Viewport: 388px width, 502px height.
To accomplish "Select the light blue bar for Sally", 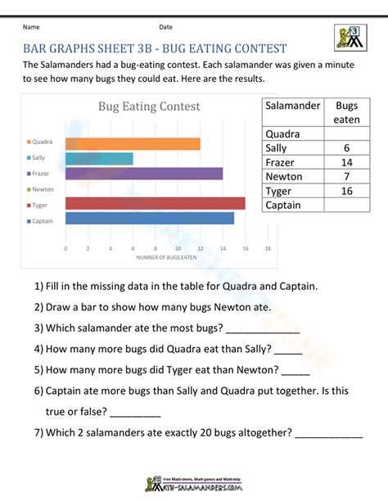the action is [97, 159].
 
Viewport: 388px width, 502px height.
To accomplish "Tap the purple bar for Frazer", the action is [142, 174].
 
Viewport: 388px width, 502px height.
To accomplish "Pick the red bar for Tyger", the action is [154, 204].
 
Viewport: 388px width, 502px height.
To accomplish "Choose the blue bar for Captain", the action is [148, 219].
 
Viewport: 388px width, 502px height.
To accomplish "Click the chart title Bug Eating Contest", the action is [149, 106].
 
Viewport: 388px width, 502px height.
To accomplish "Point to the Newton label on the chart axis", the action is [43, 189].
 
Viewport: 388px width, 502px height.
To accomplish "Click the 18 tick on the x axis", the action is [268, 247].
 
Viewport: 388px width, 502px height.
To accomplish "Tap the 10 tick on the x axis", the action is [178, 247].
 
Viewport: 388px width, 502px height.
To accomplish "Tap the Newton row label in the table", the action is [284, 177].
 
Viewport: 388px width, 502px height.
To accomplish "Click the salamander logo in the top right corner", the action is [352, 38].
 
